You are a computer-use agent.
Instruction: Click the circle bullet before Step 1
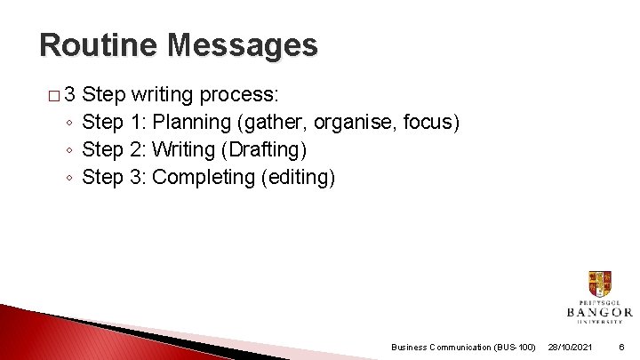coord(69,123)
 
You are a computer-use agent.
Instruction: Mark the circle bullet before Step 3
coord(69,178)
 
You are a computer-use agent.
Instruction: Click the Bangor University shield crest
coord(599,284)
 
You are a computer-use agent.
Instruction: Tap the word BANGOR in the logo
coord(599,312)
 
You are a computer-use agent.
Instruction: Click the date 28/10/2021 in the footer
coord(570,347)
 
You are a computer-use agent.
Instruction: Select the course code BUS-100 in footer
coord(513,347)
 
